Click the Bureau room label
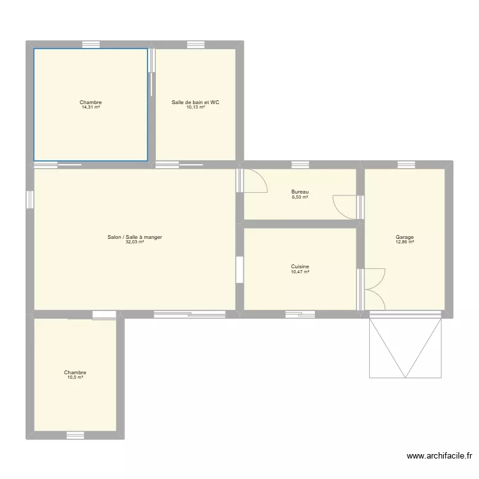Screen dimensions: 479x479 pyautogui.click(x=300, y=192)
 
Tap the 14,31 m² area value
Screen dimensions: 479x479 pyautogui.click(x=91, y=107)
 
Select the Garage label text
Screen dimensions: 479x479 pyautogui.click(x=405, y=238)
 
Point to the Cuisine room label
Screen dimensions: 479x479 pyautogui.click(x=300, y=267)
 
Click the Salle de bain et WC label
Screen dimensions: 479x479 pyautogui.click(x=195, y=102)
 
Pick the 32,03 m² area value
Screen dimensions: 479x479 pyautogui.click(x=135, y=242)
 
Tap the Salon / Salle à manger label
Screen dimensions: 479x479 pyautogui.click(x=135, y=237)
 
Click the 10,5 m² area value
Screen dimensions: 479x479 pyautogui.click(x=75, y=377)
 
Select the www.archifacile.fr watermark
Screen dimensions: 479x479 pyautogui.click(x=440, y=456)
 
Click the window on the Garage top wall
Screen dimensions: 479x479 pyautogui.click(x=406, y=165)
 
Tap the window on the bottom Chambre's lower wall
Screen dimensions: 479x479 pyautogui.click(x=75, y=436)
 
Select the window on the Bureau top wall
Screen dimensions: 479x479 pyautogui.click(x=300, y=165)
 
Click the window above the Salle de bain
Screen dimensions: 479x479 pyautogui.click(x=195, y=45)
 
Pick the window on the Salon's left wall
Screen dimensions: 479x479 pyautogui.click(x=30, y=200)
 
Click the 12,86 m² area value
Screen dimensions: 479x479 pyautogui.click(x=405, y=243)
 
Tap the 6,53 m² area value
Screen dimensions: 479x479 pyautogui.click(x=300, y=197)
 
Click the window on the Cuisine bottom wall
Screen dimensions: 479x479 pyautogui.click(x=300, y=314)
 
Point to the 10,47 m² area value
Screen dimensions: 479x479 pyautogui.click(x=300, y=272)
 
